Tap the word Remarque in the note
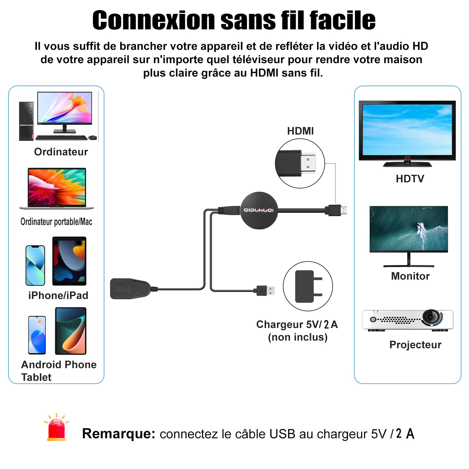(x=118, y=434)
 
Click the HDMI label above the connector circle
(x=300, y=131)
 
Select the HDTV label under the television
(x=410, y=179)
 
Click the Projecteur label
(x=415, y=345)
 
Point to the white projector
(x=408, y=320)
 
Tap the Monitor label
(x=410, y=276)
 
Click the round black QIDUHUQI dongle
(x=259, y=210)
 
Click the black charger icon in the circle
(x=308, y=286)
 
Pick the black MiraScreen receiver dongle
(x=131, y=289)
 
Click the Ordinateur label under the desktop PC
(x=61, y=152)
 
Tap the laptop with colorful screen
(x=57, y=188)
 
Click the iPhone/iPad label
(x=58, y=295)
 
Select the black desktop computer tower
(x=26, y=121)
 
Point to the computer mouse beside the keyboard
(x=93, y=137)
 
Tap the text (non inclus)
(x=298, y=337)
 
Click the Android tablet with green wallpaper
(x=71, y=331)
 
